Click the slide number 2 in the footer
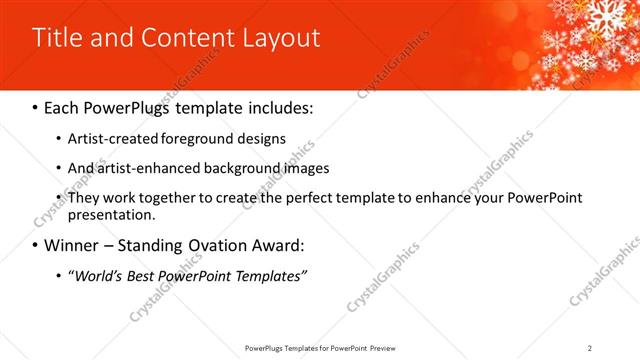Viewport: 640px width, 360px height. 590,347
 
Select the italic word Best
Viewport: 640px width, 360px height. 139,275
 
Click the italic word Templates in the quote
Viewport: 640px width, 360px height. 267,275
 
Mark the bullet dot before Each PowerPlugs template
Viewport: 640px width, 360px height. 36,107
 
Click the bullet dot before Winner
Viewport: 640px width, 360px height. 36,245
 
